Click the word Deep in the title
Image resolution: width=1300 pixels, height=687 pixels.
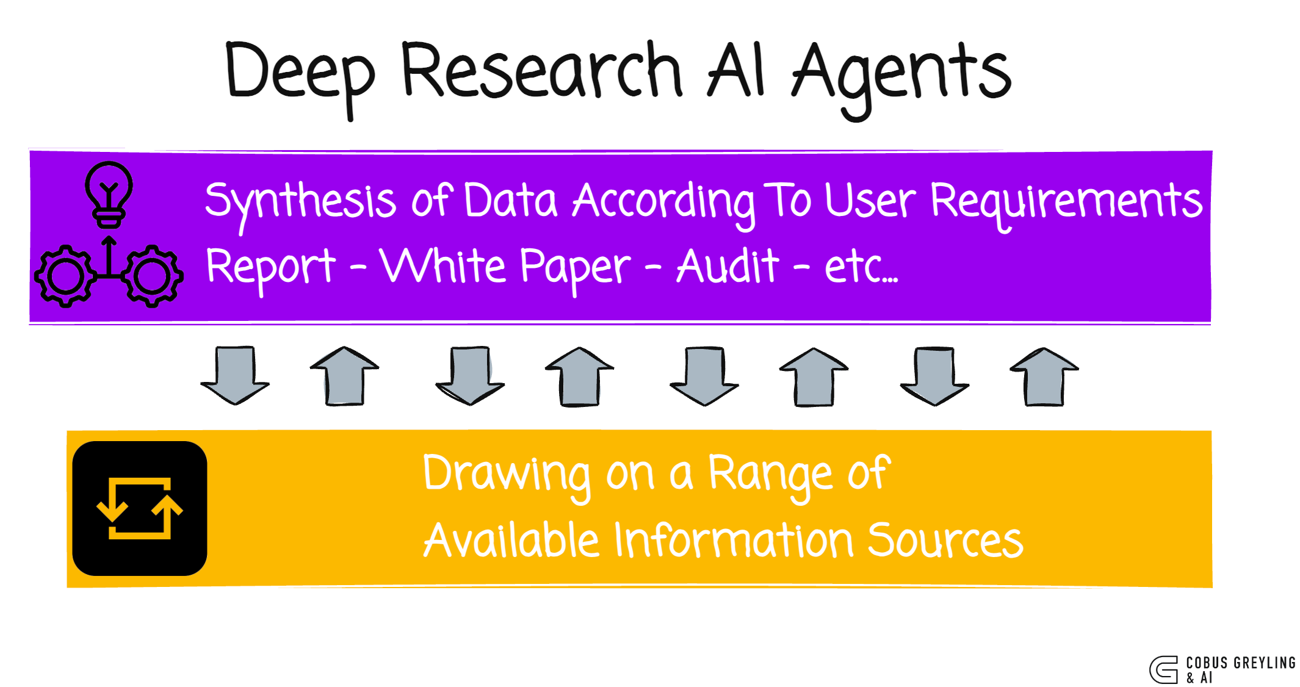[299, 73]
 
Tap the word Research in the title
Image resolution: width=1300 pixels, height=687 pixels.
[541, 70]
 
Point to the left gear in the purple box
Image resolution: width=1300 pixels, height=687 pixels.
[65, 276]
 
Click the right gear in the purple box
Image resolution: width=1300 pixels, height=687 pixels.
[152, 276]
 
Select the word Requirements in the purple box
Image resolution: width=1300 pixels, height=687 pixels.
[1066, 201]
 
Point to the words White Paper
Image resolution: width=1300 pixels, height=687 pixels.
[504, 267]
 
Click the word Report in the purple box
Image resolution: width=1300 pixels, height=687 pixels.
[270, 267]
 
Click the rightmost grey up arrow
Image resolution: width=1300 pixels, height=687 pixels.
[1044, 376]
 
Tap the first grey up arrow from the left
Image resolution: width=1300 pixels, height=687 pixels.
[345, 376]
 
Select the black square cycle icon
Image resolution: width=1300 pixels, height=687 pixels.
[140, 508]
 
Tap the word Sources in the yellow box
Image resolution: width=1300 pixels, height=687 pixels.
[945, 541]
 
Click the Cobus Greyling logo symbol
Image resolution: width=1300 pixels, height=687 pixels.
[1164, 669]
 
